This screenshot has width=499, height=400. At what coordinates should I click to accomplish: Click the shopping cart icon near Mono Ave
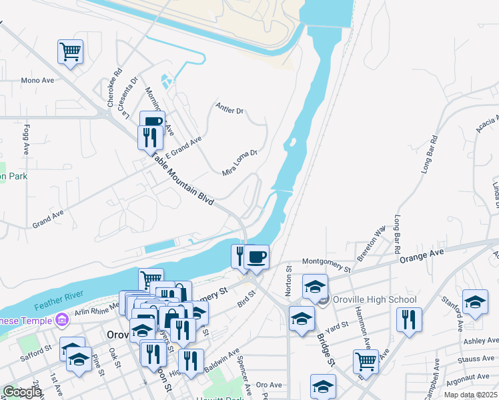click(x=70, y=51)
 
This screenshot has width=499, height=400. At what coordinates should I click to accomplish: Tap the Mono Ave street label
click(x=37, y=81)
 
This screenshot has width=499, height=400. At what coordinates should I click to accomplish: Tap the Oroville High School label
click(x=374, y=300)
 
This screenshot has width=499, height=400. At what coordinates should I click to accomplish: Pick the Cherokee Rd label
click(x=113, y=87)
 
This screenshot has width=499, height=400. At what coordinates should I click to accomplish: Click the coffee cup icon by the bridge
click(x=256, y=256)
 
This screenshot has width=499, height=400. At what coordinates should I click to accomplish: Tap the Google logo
click(x=22, y=392)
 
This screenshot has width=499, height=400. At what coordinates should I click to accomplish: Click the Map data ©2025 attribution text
click(x=470, y=395)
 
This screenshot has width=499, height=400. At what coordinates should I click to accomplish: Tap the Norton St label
click(x=289, y=281)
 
